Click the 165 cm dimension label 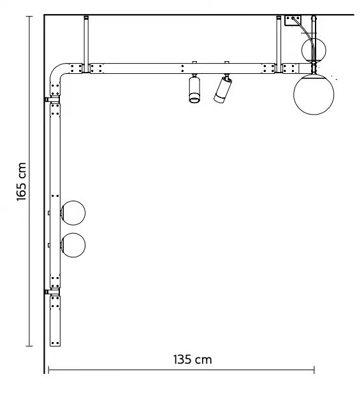click(x=22, y=182)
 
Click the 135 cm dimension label click(x=193, y=360)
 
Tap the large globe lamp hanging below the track click(x=314, y=94)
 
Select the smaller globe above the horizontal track click(x=314, y=50)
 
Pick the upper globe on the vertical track click(x=73, y=213)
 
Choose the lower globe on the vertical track click(x=73, y=245)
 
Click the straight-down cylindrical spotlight click(x=194, y=89)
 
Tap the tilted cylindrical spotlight click(x=222, y=89)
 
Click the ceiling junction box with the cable click(x=293, y=20)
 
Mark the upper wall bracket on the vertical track click(x=52, y=100)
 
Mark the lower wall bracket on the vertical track click(x=52, y=292)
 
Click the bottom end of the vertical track click(x=55, y=347)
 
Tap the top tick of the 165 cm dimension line click(x=29, y=17)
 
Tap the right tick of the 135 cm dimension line click(x=314, y=369)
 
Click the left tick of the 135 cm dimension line click(x=48, y=369)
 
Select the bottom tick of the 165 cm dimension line click(x=29, y=346)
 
